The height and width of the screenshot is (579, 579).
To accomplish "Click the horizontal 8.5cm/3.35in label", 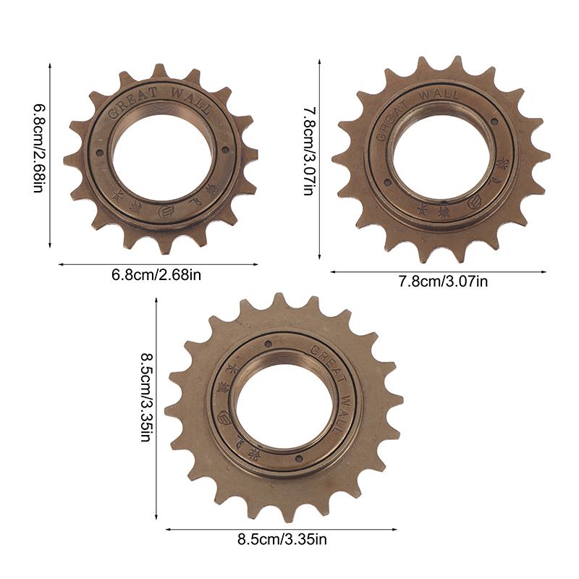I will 282,538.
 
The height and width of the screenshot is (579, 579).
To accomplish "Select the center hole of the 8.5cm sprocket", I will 285,405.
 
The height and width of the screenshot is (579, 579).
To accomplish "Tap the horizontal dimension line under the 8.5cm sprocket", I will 282,529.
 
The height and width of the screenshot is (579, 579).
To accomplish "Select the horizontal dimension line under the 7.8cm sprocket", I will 439,272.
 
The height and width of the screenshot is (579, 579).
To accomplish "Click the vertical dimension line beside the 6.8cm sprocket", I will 50,155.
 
